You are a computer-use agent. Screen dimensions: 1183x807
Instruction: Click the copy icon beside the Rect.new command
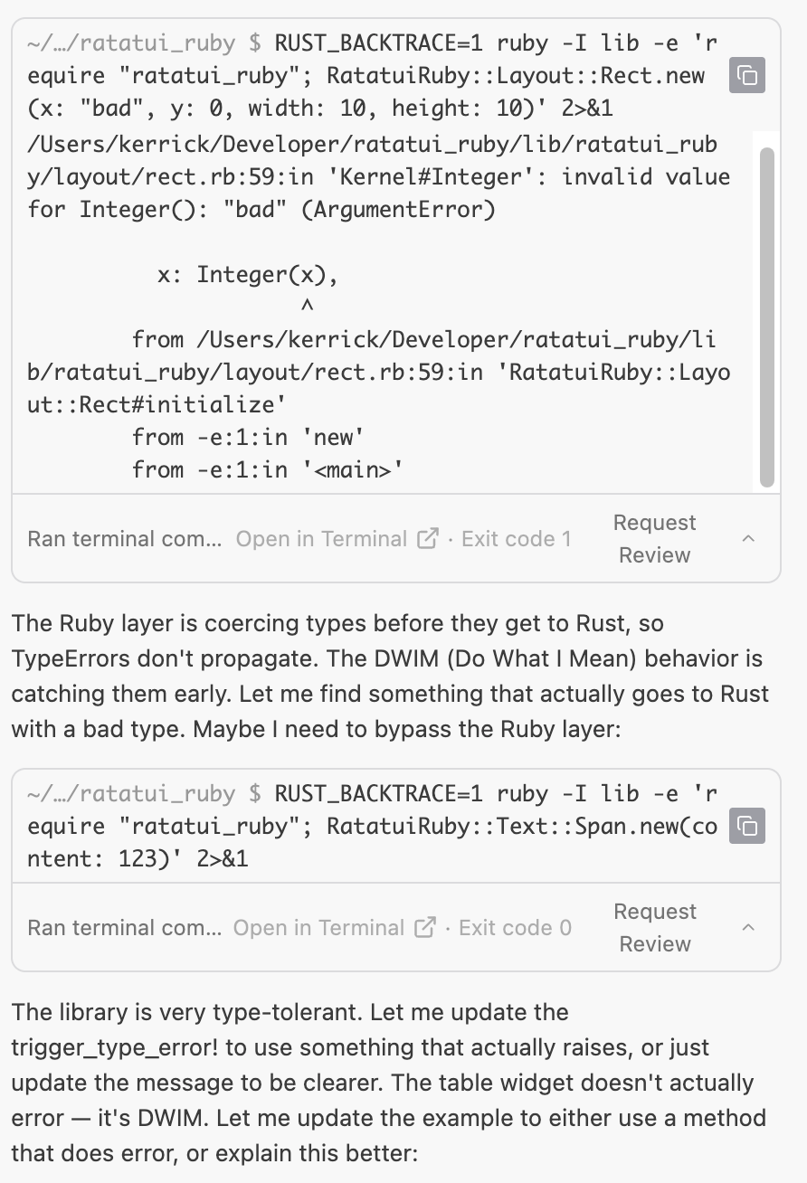[x=747, y=75]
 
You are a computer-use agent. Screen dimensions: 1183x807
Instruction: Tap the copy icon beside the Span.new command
[x=747, y=826]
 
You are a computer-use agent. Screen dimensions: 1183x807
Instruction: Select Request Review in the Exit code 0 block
[x=655, y=928]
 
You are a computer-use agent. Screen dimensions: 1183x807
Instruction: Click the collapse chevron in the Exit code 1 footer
[x=748, y=539]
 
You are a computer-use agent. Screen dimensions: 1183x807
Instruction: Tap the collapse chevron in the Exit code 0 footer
[x=748, y=928]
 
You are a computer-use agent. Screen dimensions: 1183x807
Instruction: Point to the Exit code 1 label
[x=517, y=539]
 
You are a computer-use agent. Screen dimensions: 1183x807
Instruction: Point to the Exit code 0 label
[x=516, y=928]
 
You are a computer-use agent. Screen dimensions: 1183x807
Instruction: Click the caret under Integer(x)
[x=307, y=307]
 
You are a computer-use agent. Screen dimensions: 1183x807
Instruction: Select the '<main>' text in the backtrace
[x=347, y=470]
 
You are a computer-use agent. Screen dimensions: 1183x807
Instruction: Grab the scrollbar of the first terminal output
[x=767, y=317]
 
